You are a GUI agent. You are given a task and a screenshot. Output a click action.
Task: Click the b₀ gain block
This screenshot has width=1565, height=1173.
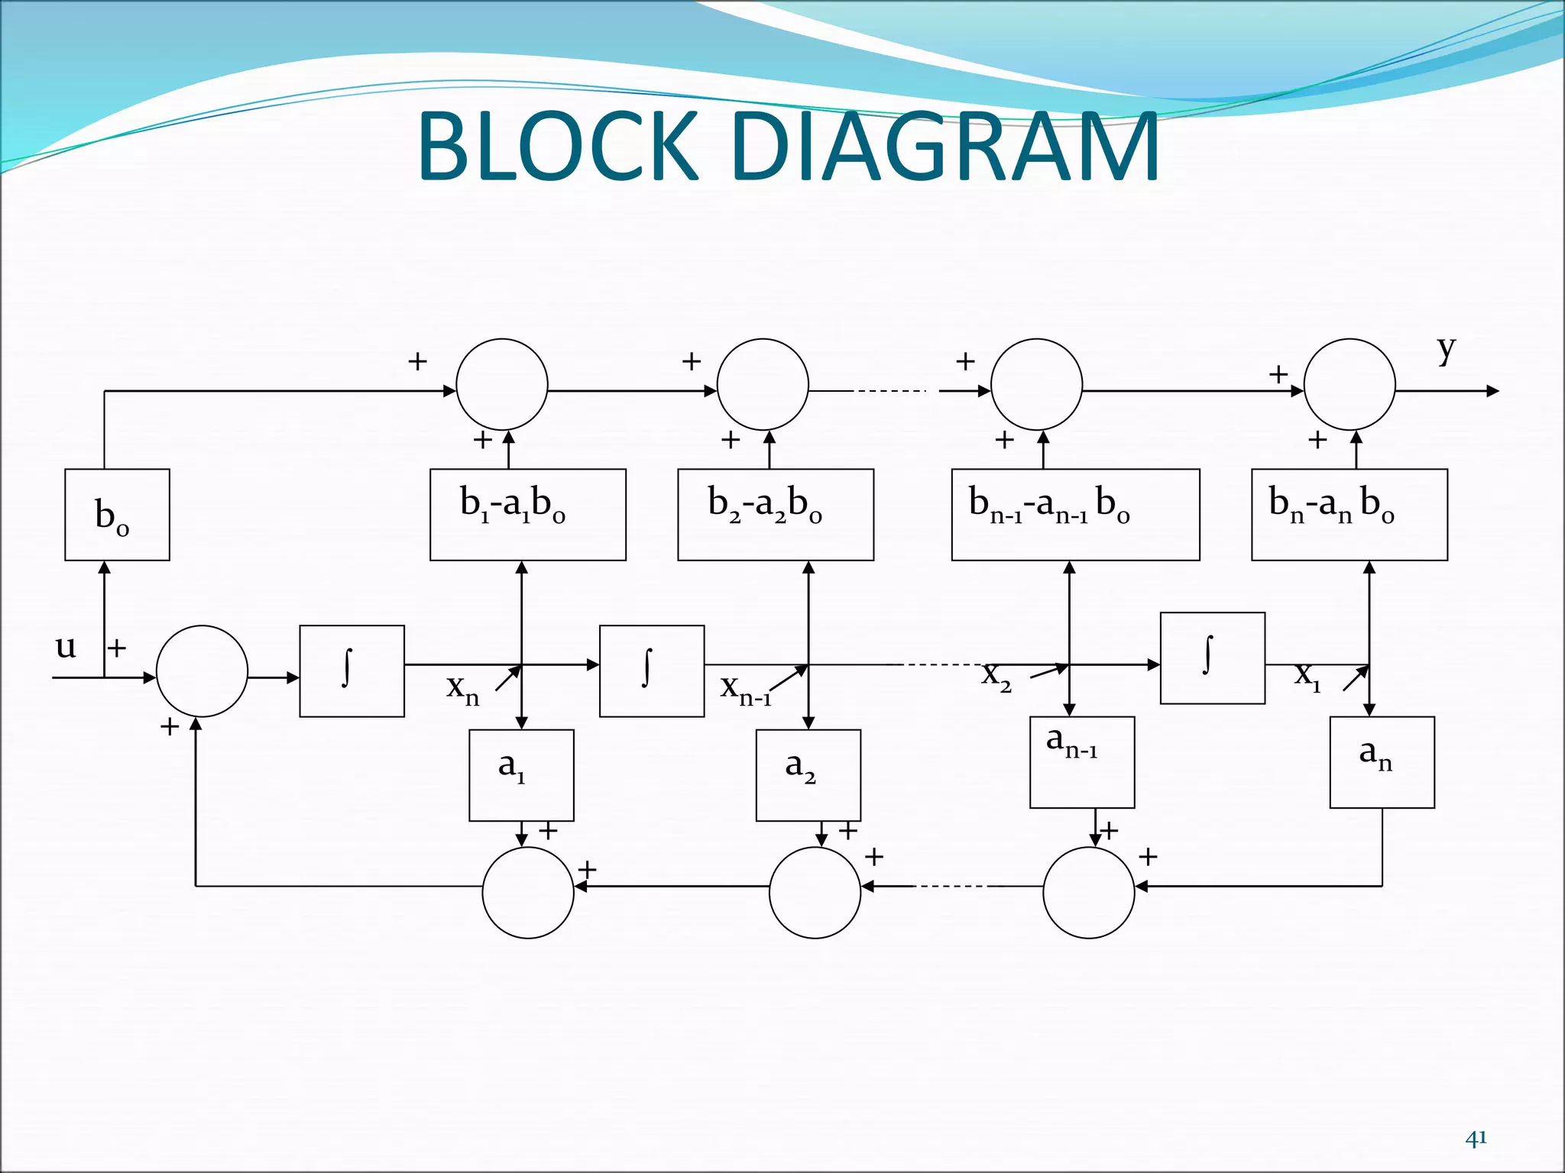(117, 515)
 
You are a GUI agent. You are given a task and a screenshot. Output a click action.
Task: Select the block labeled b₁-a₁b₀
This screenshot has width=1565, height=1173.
(527, 515)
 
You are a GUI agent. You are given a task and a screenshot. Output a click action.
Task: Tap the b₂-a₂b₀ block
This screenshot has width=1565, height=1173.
(775, 515)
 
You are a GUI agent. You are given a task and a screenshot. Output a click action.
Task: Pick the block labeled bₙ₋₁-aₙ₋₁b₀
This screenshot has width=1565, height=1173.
(1075, 515)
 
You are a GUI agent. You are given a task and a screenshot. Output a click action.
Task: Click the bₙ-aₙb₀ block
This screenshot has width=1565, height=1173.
(1349, 515)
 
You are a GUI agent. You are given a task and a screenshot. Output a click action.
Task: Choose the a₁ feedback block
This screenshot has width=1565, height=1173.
(521, 775)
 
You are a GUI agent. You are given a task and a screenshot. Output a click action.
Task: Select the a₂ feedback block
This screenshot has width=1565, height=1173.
(808, 775)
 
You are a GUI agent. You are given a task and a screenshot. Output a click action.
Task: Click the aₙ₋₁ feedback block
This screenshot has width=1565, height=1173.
(1081, 762)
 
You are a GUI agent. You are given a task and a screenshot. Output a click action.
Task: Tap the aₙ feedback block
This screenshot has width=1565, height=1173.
(1382, 762)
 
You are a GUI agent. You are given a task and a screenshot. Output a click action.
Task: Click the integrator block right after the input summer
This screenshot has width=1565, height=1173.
(352, 671)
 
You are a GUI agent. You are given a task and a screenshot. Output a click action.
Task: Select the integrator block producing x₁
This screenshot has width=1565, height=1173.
(1212, 658)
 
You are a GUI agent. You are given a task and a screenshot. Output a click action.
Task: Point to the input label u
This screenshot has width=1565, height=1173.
(66, 647)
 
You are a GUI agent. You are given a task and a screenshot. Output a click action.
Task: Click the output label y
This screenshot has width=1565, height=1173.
(1446, 350)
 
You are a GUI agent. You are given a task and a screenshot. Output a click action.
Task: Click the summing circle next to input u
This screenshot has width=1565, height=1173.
(202, 671)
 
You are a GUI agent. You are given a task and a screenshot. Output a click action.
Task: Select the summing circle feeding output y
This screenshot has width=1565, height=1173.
(1349, 384)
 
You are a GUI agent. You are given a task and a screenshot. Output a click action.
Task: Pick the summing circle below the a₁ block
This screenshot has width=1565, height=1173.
(527, 892)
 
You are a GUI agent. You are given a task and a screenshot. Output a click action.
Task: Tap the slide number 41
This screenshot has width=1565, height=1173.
(1476, 1139)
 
